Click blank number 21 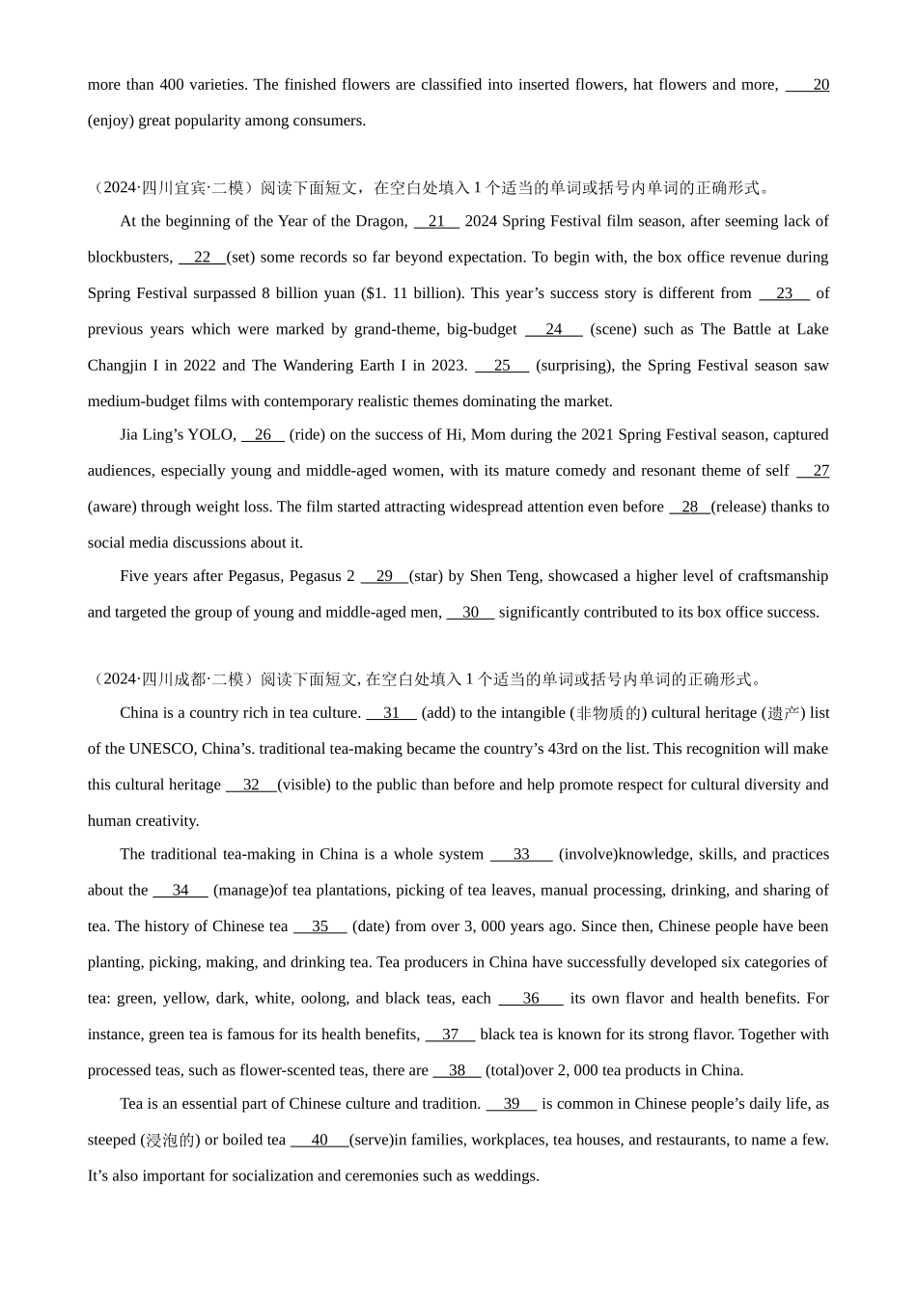click(x=436, y=221)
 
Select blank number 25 click(x=502, y=366)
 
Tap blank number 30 click(x=470, y=612)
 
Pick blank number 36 click(x=531, y=999)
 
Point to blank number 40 click(x=320, y=1140)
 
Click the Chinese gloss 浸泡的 click(x=170, y=1140)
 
